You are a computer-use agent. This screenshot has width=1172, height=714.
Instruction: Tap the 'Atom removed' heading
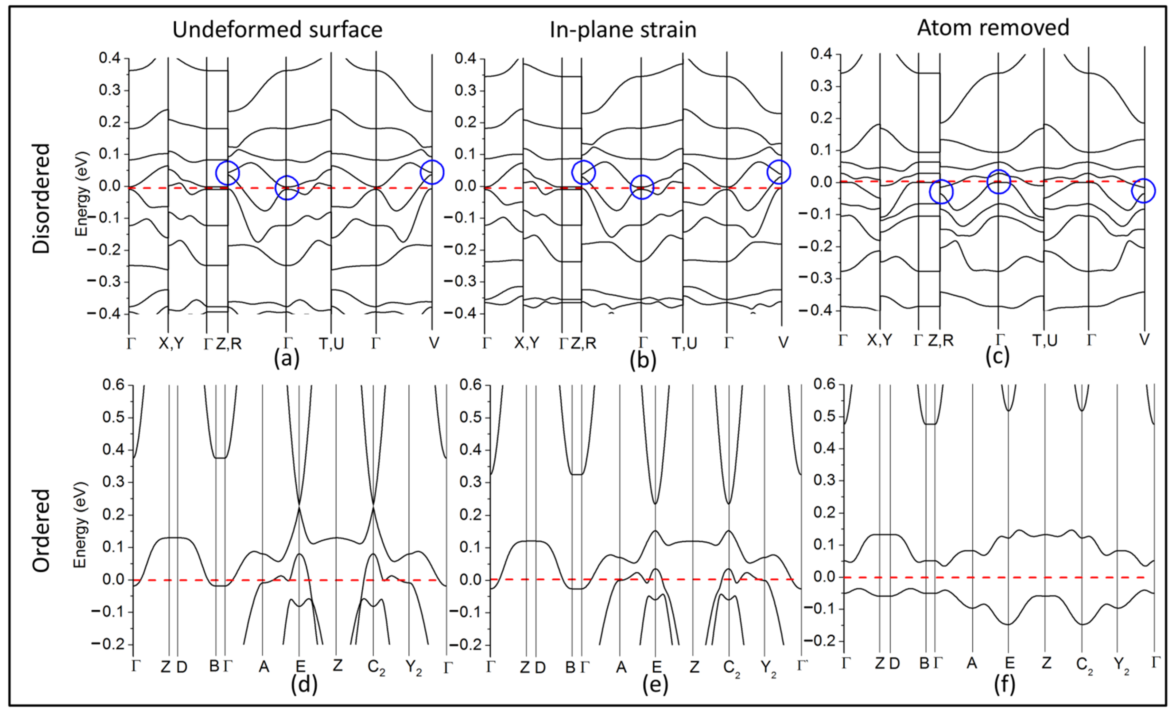tap(993, 28)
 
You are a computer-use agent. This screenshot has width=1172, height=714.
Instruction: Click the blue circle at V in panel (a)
tap(432, 172)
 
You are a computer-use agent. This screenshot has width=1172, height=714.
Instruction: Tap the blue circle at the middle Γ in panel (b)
tap(642, 187)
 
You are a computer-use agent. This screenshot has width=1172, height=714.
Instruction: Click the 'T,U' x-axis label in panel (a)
tap(331, 343)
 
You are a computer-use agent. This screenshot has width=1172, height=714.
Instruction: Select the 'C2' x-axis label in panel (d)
tap(376, 668)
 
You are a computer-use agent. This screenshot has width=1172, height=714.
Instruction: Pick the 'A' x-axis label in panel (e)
tap(621, 668)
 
